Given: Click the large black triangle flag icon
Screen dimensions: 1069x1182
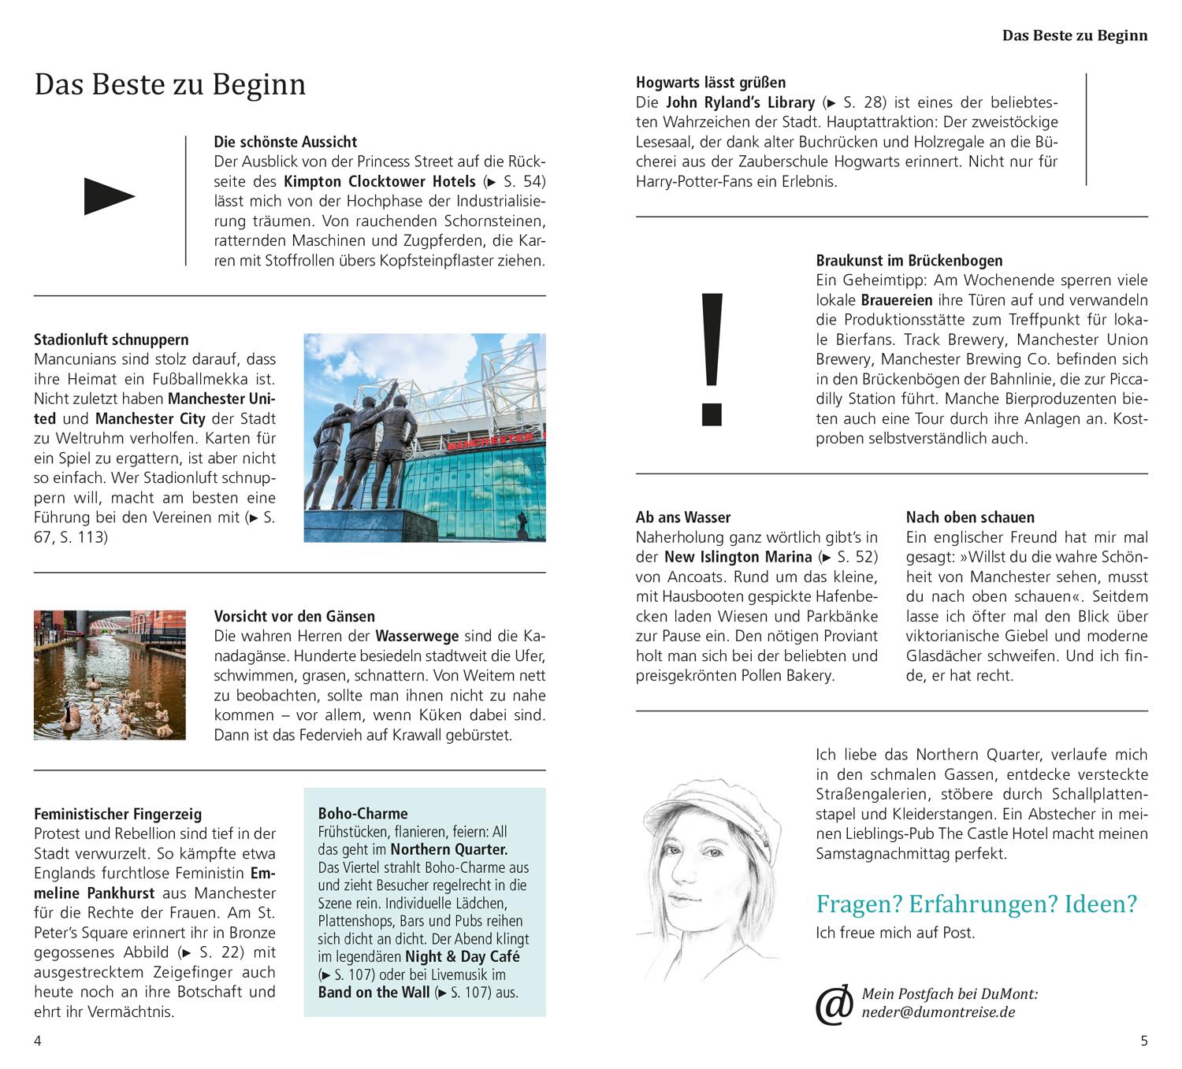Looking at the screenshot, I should tap(109, 197).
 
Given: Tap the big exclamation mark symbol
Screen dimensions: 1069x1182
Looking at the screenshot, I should tap(711, 358).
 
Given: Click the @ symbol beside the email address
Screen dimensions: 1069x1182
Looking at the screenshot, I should tap(834, 1004).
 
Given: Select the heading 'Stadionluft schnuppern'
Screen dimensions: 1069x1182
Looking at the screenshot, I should tap(111, 340).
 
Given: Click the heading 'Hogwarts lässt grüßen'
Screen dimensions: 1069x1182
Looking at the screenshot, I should tap(710, 82).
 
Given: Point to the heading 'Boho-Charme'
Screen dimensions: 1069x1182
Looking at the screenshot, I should tap(362, 813).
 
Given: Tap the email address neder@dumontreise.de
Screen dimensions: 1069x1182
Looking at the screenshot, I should tap(927, 1012).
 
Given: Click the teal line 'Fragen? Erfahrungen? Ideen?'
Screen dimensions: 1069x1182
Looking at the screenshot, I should tap(976, 904).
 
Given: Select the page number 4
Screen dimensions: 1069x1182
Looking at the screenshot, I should tap(38, 1041).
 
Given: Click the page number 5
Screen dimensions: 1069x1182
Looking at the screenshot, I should tap(1144, 1041).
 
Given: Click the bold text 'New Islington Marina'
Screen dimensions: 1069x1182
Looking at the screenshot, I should tap(738, 557).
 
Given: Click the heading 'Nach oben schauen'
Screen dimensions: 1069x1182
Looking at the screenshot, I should tap(970, 517).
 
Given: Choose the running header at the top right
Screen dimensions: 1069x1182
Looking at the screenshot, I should tap(1074, 35).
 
